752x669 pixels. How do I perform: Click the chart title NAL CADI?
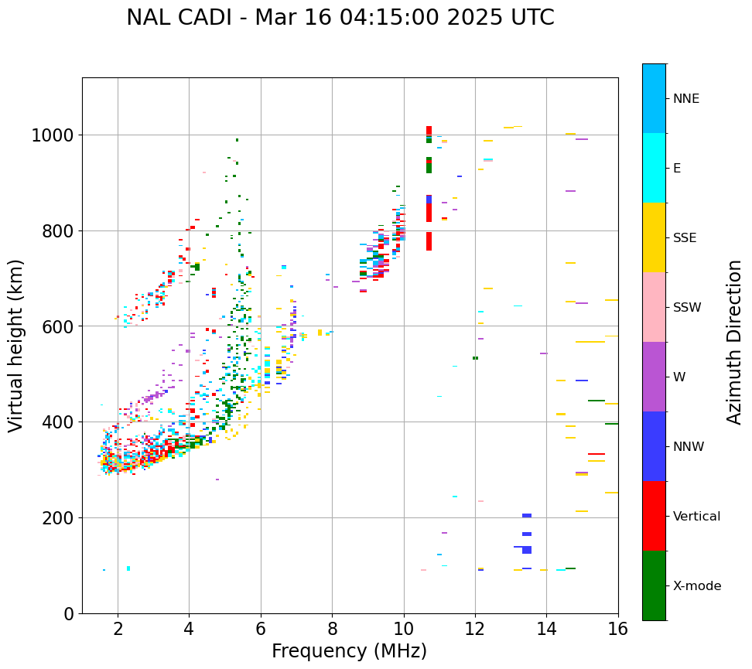click(x=340, y=18)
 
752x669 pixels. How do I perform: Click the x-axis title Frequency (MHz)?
click(x=349, y=651)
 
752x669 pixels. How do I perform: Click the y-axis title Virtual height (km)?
click(x=16, y=346)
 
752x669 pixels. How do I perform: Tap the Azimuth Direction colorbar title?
click(x=734, y=342)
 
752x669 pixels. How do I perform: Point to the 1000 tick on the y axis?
click(x=52, y=136)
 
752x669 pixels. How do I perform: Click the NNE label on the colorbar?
click(x=685, y=99)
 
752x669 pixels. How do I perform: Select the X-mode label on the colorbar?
click(x=696, y=586)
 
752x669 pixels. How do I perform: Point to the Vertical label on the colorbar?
click(x=696, y=517)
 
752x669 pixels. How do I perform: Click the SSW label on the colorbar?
click(x=686, y=308)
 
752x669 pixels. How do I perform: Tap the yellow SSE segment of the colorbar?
click(x=654, y=237)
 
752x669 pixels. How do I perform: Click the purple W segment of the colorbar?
click(x=654, y=377)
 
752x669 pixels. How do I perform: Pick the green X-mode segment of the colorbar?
click(x=654, y=585)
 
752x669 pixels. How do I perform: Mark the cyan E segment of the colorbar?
click(x=654, y=168)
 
